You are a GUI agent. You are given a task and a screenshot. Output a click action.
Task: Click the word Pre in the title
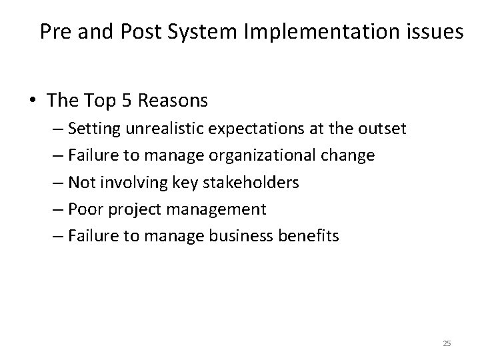[x=55, y=31]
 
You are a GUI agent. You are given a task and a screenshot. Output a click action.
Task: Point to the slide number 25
[x=447, y=343]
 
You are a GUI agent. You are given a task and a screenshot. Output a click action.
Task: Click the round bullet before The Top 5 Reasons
[x=33, y=102]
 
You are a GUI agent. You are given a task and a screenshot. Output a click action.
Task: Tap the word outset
[x=381, y=129]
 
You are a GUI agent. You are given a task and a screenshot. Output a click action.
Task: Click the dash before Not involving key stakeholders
[x=57, y=183]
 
